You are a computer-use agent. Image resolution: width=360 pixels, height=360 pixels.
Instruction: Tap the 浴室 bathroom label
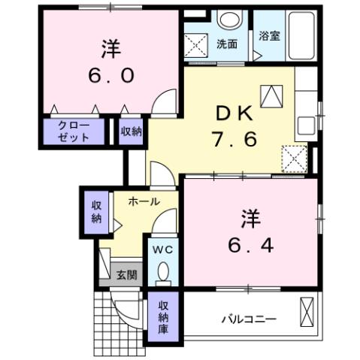[x=270, y=35]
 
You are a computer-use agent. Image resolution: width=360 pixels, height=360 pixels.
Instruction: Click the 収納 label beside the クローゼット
[x=132, y=132]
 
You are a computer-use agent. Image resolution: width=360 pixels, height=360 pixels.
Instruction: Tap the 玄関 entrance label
[x=126, y=275]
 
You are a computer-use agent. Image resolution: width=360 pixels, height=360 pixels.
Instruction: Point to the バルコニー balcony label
[x=248, y=319]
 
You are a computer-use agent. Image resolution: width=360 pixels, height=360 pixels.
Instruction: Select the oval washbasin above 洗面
[x=229, y=20]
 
